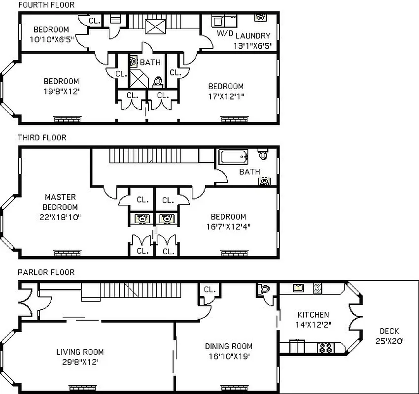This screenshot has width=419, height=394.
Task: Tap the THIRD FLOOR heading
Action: click(42, 138)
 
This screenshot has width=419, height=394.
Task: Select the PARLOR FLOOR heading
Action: click(46, 272)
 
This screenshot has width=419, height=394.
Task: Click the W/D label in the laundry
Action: click(225, 33)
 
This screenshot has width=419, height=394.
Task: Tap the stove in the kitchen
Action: click(326, 348)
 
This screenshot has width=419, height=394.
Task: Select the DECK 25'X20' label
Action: click(389, 336)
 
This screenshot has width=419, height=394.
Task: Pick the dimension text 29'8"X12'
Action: click(80, 361)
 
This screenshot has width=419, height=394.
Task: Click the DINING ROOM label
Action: click(229, 346)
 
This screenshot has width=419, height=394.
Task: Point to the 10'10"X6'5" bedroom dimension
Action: click(51, 40)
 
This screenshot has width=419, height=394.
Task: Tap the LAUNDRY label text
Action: click(252, 35)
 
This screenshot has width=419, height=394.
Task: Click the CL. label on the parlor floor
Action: click(209, 290)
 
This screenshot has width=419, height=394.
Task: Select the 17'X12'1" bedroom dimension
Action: click(225, 96)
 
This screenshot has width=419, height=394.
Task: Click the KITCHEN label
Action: click(313, 315)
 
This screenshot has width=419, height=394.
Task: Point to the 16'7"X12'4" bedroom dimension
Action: click(228, 226)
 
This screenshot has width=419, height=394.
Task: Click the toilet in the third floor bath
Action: click(263, 155)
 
